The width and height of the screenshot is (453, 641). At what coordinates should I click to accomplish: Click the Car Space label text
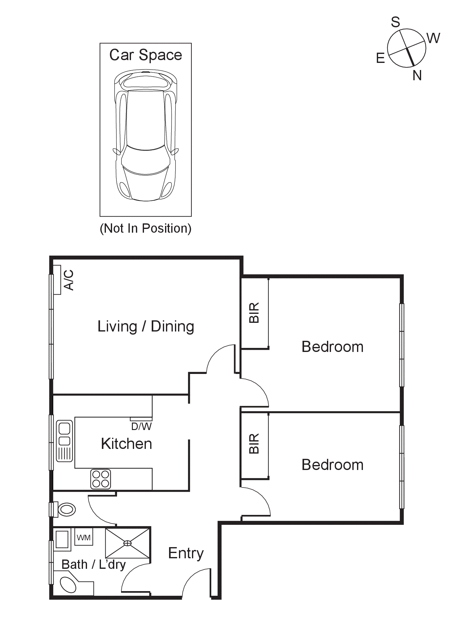pyautogui.click(x=146, y=55)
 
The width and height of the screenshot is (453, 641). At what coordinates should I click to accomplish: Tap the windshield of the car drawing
pyautogui.click(x=146, y=160)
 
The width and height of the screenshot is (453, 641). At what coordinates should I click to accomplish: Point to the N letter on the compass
pyautogui.click(x=417, y=76)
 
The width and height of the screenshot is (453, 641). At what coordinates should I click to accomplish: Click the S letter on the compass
pyautogui.click(x=395, y=22)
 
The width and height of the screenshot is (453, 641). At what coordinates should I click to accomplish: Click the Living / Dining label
pyautogui.click(x=146, y=327)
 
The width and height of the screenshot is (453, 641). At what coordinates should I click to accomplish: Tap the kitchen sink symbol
pyautogui.click(x=64, y=441)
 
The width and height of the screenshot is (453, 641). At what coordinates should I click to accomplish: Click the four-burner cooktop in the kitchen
pyautogui.click(x=101, y=479)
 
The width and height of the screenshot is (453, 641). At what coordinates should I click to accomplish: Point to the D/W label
pyautogui.click(x=141, y=427)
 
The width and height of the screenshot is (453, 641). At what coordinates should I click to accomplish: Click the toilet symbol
pyautogui.click(x=67, y=509)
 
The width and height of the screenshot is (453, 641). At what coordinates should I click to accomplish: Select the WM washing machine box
pyautogui.click(x=84, y=538)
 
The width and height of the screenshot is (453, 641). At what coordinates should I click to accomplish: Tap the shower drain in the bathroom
pyautogui.click(x=128, y=543)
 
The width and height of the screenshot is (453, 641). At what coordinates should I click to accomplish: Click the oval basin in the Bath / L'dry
pyautogui.click(x=68, y=585)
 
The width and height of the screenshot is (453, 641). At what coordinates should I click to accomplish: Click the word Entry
pyautogui.click(x=186, y=553)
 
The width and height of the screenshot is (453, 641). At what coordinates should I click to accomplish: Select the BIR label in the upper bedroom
pyautogui.click(x=254, y=313)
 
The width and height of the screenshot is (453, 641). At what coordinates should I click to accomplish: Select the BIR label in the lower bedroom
pyautogui.click(x=254, y=444)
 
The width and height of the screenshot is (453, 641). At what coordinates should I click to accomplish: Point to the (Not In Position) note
pyautogui.click(x=146, y=228)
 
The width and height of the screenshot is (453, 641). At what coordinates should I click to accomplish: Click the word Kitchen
pyautogui.click(x=126, y=444)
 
